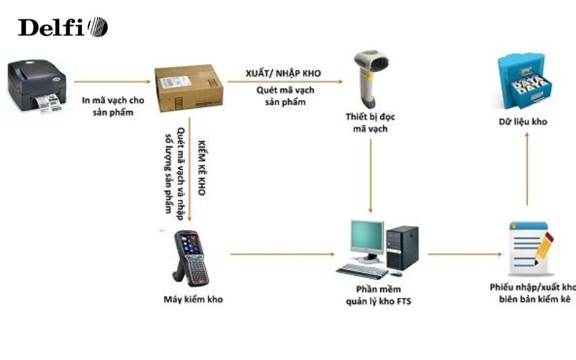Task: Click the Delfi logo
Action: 63,27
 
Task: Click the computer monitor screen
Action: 366,240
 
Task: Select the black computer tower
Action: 401,247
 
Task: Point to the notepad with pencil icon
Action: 530,247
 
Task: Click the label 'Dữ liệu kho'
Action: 526,122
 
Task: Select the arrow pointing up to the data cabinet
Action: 526,168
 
